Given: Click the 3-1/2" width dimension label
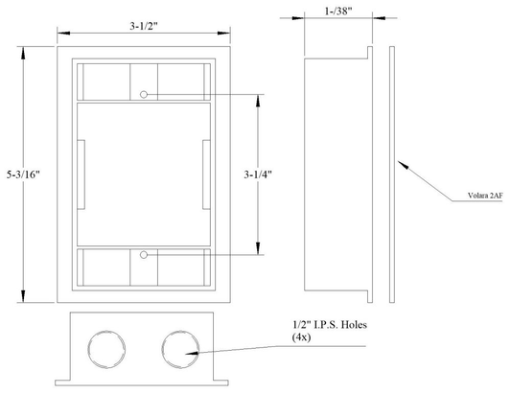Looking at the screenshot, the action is tap(144, 26).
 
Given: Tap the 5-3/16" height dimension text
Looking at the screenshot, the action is tap(23, 174).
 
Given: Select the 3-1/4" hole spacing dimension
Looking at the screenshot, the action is tap(258, 174).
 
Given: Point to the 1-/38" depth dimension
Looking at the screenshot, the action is tap(338, 12).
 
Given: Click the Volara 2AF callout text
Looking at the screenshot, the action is tap(485, 196).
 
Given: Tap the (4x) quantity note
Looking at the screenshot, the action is tap(301, 337).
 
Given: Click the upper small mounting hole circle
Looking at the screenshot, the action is tap(144, 95).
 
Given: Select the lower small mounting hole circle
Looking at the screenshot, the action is tap(144, 255).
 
